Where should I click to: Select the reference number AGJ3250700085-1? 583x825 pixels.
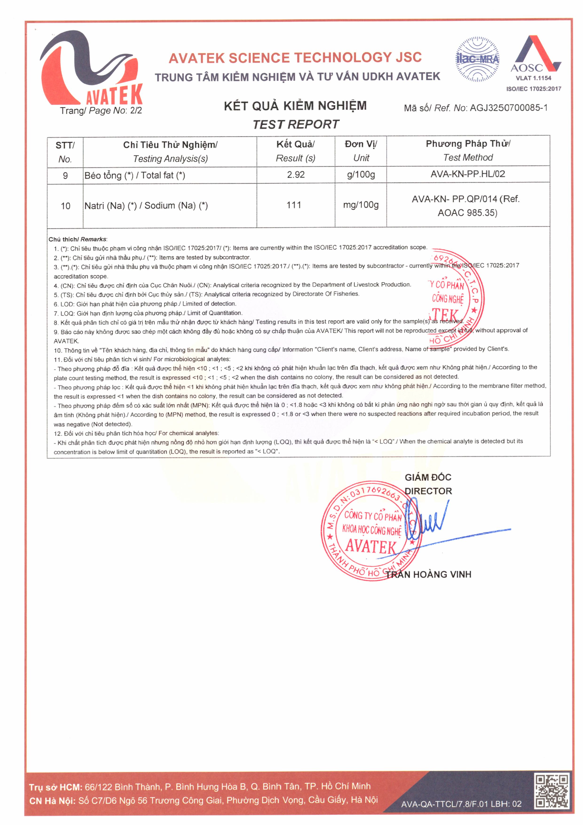coord(509,108)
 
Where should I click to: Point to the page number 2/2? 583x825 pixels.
coord(136,110)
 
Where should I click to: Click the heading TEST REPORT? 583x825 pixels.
coord(295,124)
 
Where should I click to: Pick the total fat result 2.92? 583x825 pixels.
coord(296,175)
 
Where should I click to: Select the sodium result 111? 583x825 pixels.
coord(294,205)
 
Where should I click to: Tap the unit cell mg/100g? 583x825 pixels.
coord(361,205)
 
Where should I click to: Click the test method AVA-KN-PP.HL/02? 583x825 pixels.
coord(468,174)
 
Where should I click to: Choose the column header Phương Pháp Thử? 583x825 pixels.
coord(468,144)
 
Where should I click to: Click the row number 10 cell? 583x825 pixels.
coord(65,206)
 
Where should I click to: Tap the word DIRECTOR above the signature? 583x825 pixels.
coord(428,491)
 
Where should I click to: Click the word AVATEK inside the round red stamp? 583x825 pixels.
coord(371,547)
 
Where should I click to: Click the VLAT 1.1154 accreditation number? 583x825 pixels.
coord(533,78)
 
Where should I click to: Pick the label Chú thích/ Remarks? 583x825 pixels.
coord(78,239)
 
